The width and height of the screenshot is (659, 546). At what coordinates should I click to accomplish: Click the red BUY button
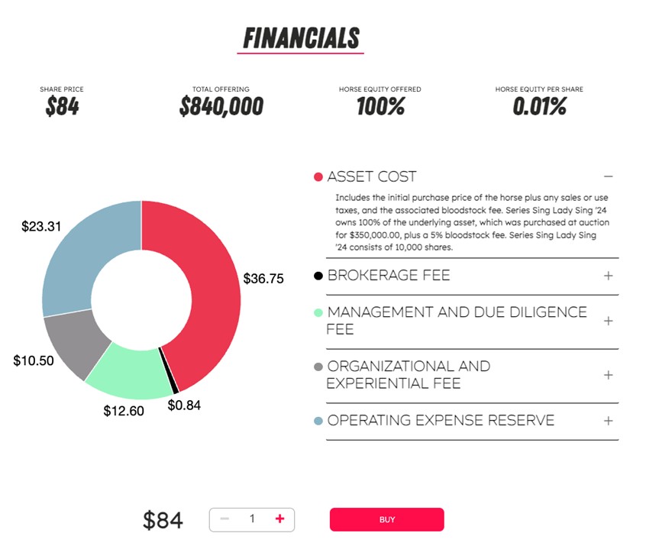point(386,519)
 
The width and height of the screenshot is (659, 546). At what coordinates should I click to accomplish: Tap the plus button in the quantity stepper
point(279,519)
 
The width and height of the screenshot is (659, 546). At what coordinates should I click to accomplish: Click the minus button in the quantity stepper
point(225,519)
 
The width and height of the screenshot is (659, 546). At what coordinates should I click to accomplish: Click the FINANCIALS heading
point(301,37)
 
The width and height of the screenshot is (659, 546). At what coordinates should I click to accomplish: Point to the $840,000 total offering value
point(221,107)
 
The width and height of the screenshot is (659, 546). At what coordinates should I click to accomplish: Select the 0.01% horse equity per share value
point(539,107)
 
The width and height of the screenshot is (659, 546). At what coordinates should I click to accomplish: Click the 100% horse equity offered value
point(380,107)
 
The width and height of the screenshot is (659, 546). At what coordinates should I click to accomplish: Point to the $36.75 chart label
point(263,279)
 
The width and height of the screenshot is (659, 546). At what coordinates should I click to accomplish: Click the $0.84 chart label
point(184,405)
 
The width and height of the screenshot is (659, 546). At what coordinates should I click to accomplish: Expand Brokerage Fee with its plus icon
point(609,276)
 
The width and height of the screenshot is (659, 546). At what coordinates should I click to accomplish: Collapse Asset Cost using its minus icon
point(609,176)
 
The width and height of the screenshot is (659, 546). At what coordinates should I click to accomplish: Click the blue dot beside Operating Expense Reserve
point(318,421)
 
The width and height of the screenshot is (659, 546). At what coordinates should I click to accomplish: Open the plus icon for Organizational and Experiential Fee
point(609,375)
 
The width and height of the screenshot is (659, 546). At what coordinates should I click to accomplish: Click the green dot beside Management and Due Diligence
point(318,313)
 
